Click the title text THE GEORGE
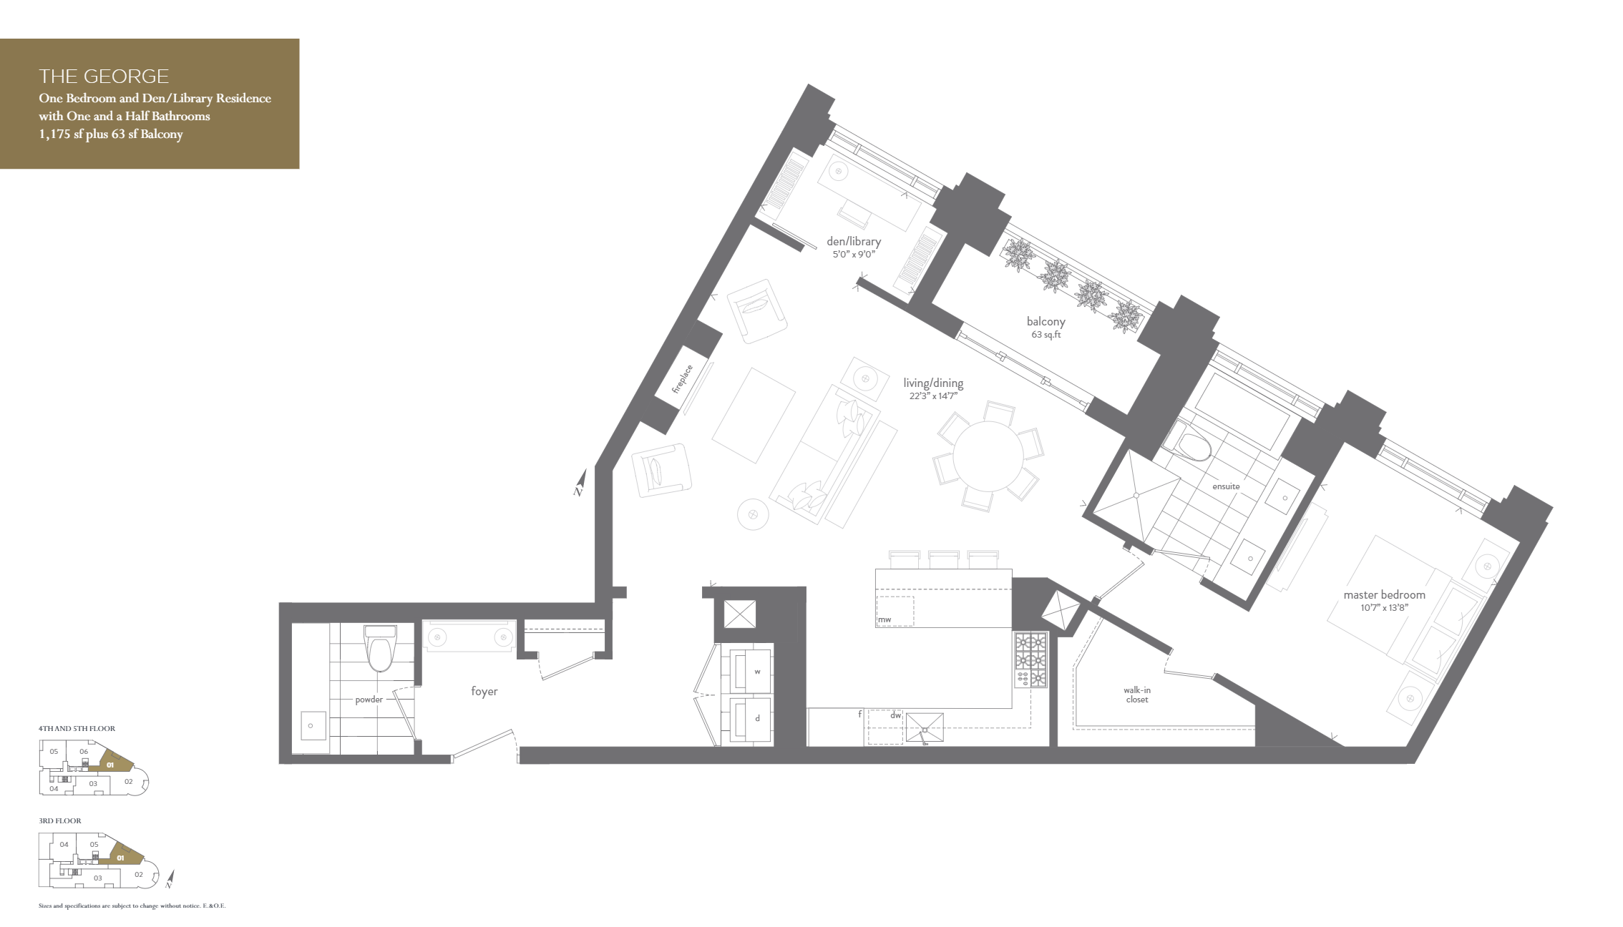pos(104,76)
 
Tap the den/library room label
pos(853,242)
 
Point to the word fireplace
pos(682,380)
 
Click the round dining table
pos(988,456)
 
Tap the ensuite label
pos(1226,486)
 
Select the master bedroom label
pos(1384,595)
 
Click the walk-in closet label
pos(1136,695)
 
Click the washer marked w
pos(756,672)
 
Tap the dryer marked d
pos(756,718)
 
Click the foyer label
pos(484,692)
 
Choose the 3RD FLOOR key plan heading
pos(60,821)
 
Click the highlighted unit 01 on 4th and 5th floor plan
pos(111,765)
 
